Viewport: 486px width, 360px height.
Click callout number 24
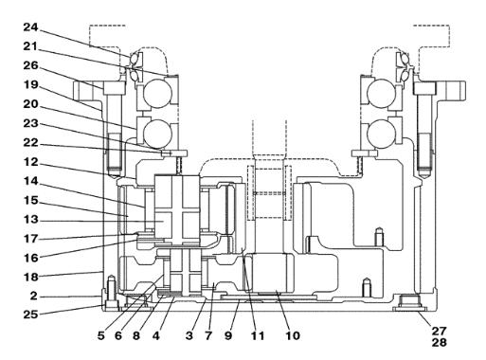(x=30, y=27)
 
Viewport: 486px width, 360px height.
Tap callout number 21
(x=30, y=46)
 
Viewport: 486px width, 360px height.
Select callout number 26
(x=30, y=65)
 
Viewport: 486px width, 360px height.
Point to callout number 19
(x=30, y=85)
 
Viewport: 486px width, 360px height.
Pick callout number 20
(x=30, y=104)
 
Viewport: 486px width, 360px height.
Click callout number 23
(x=30, y=123)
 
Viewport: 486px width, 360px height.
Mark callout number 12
(x=30, y=162)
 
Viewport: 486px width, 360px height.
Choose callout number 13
(x=30, y=220)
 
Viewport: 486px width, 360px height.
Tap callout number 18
(x=30, y=278)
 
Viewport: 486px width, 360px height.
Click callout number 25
(x=30, y=315)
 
